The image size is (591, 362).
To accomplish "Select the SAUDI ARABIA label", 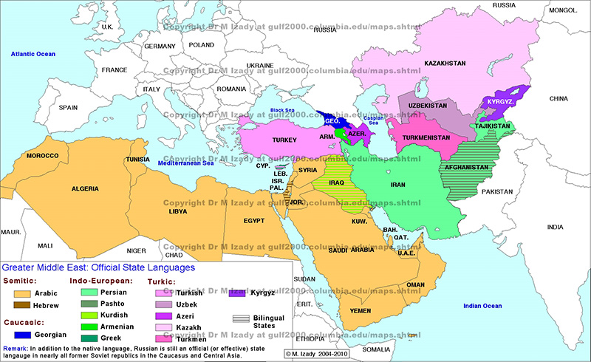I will point(353,250).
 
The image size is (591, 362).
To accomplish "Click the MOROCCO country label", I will point(43,157).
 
